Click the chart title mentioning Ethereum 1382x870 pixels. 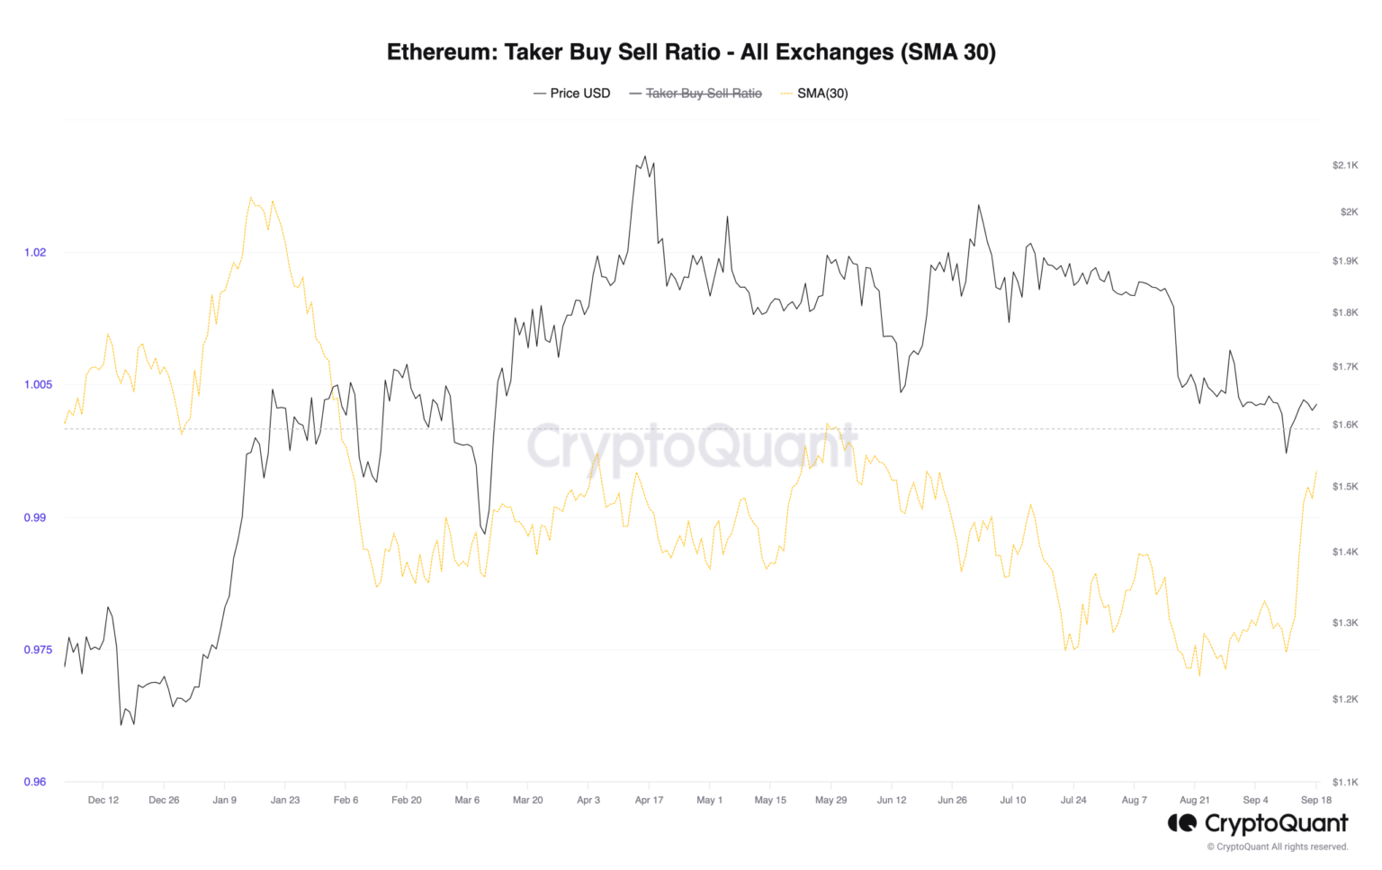click(x=691, y=52)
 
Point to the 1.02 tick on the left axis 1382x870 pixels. click(x=35, y=252)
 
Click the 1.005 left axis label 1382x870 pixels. click(x=38, y=385)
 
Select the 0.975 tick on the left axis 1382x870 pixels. click(x=38, y=650)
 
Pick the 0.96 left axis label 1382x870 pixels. click(x=35, y=782)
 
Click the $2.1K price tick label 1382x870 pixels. click(x=1345, y=166)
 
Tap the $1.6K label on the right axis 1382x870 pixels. click(x=1345, y=425)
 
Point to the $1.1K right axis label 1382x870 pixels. click(x=1345, y=783)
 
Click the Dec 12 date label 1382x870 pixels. click(x=103, y=800)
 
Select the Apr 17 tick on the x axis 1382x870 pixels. click(x=649, y=800)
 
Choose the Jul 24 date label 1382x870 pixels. click(x=1073, y=800)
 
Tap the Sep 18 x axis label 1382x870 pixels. click(x=1315, y=800)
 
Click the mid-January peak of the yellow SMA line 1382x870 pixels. click(x=250, y=198)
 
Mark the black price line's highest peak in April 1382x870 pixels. click(x=644, y=156)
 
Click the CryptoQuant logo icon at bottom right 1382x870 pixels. click(x=1182, y=823)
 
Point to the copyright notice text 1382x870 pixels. click(x=1278, y=847)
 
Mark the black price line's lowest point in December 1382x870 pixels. click(x=121, y=725)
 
